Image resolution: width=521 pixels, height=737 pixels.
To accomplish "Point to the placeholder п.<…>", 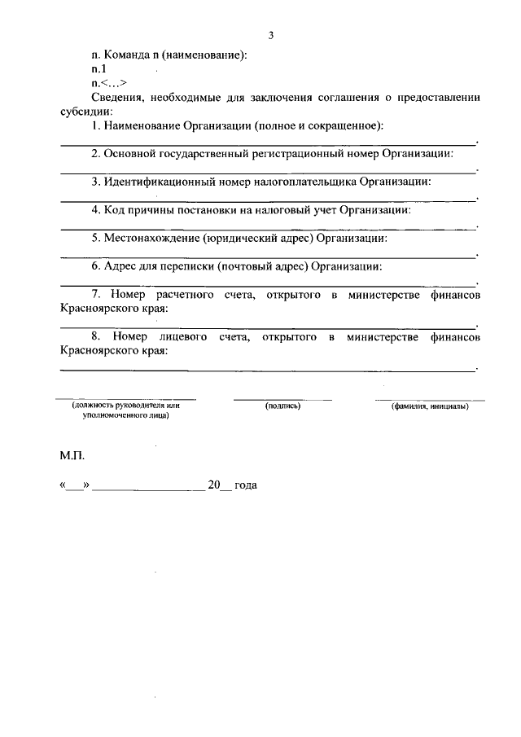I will [x=108, y=83].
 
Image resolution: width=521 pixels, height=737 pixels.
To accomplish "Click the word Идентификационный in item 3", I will [x=155, y=181].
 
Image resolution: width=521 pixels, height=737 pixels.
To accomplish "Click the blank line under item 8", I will [x=269, y=369].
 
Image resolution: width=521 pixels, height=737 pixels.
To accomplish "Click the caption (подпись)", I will [x=283, y=406].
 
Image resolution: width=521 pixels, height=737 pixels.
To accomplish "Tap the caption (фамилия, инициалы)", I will [x=430, y=406].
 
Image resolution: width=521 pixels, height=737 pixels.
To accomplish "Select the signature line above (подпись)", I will [x=283, y=398].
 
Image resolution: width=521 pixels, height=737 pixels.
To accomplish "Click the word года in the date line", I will [x=245, y=485].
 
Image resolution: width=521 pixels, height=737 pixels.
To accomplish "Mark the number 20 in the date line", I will [x=214, y=485].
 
